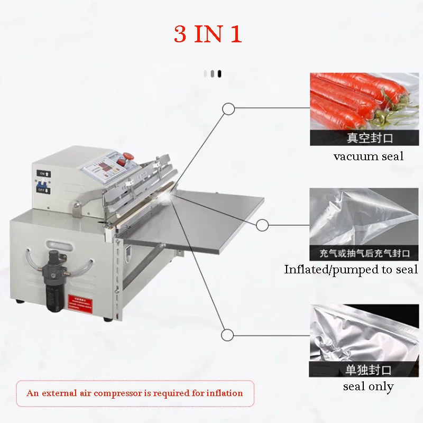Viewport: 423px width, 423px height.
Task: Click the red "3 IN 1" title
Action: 208,34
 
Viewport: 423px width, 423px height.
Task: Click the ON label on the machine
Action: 42,173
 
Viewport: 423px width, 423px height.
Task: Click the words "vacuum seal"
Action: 368,157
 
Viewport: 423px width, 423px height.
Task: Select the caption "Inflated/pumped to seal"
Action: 351,269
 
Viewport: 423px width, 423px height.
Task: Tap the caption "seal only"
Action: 368,387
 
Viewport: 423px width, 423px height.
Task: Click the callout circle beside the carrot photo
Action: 228,109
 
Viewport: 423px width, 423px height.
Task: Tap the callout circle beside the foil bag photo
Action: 228,335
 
